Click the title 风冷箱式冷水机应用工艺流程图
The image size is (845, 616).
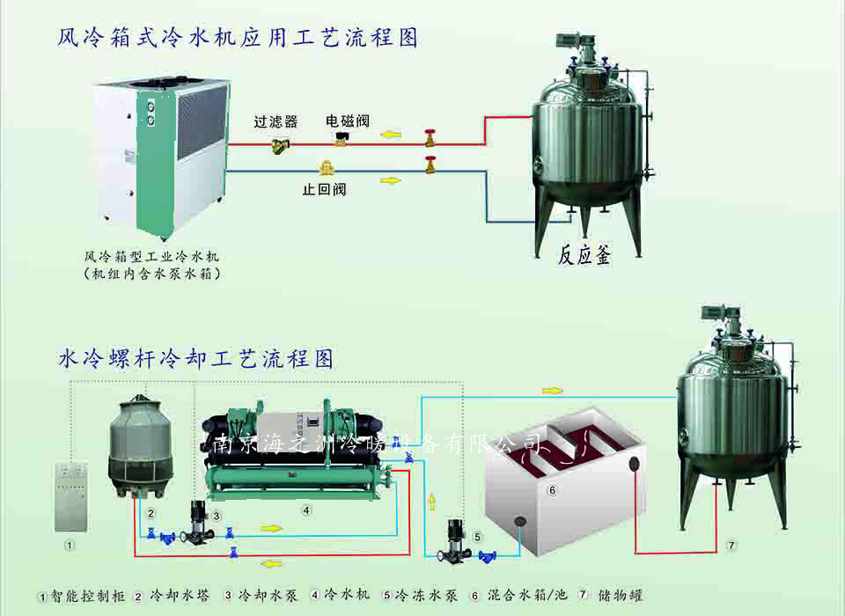pyautogui.click(x=238, y=37)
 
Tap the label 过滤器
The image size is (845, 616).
pyautogui.click(x=276, y=121)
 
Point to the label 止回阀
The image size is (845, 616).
pyautogui.click(x=325, y=188)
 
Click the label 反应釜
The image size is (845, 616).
pyautogui.click(x=585, y=255)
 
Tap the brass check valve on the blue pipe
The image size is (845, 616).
pyautogui.click(x=326, y=167)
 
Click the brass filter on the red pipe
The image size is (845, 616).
pyautogui.click(x=281, y=145)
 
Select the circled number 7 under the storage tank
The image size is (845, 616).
pyautogui.click(x=731, y=546)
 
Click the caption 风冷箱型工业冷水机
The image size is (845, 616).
pyautogui.click(x=151, y=256)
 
